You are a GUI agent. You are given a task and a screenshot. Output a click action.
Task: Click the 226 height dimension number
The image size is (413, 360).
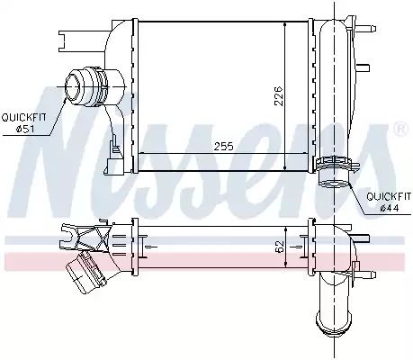[x=279, y=96]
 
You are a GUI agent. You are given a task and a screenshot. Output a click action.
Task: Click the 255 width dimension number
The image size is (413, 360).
[x=223, y=147]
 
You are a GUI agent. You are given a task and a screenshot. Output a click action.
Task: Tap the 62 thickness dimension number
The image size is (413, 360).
[x=279, y=247]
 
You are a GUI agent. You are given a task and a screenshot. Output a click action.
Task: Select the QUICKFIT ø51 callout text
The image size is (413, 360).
[x=24, y=123]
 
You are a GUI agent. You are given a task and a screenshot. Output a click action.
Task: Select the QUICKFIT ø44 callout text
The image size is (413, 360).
[x=389, y=202]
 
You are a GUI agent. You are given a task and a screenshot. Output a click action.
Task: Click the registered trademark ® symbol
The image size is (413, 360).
[x=400, y=130]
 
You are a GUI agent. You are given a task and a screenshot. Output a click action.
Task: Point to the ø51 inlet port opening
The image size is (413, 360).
[x=72, y=87]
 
